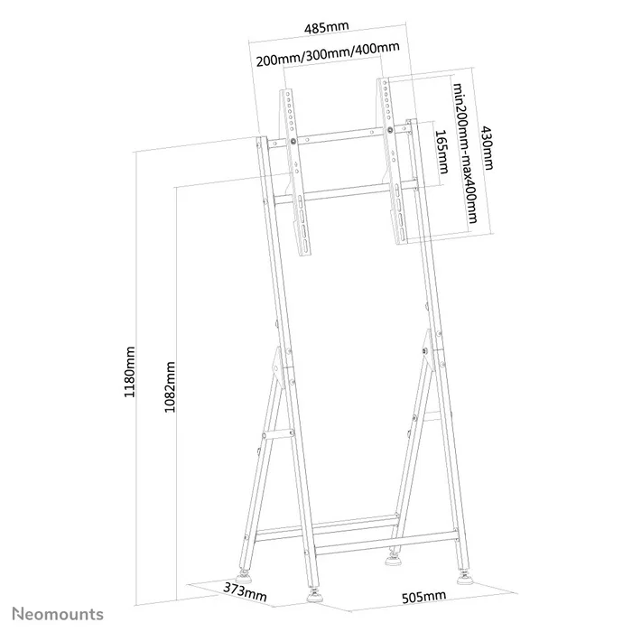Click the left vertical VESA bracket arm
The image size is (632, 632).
(294, 171)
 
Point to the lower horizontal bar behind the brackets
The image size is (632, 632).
(343, 193)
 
